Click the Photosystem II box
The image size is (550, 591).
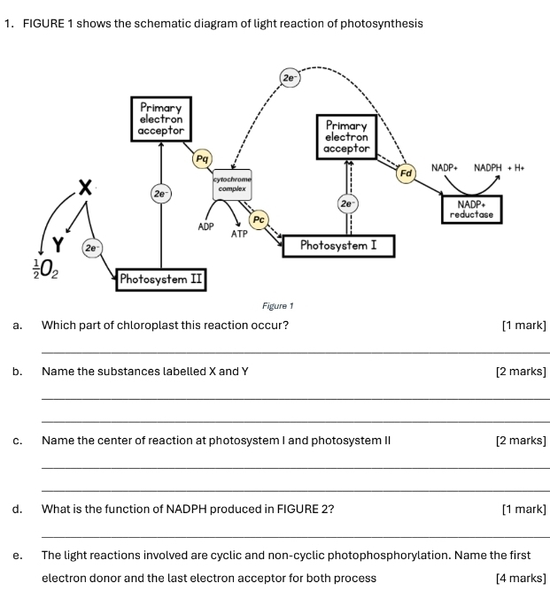(x=161, y=280)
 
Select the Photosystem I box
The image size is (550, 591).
(x=337, y=244)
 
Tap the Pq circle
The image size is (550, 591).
(x=203, y=158)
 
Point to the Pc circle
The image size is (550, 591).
(x=259, y=218)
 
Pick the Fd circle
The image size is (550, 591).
(x=407, y=173)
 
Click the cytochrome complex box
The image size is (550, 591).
(x=232, y=184)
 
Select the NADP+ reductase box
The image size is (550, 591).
(x=474, y=209)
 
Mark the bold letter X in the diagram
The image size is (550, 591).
(x=85, y=187)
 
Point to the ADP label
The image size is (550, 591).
(x=207, y=227)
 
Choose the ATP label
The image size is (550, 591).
(x=239, y=234)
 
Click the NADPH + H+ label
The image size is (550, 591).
(x=499, y=166)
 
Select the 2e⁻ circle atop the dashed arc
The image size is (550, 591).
(x=290, y=78)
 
